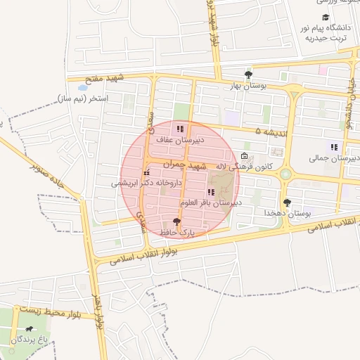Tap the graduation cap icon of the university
325,17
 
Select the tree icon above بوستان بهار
247,74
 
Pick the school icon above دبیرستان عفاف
180,129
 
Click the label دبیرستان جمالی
333,159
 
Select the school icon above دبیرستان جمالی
334,148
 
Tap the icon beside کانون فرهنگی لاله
244,156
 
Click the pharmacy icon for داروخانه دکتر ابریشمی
146,172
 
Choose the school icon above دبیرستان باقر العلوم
210,192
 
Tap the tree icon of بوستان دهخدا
287,202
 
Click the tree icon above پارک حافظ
186,221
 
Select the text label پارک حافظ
186,231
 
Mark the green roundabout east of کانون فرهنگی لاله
285,174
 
